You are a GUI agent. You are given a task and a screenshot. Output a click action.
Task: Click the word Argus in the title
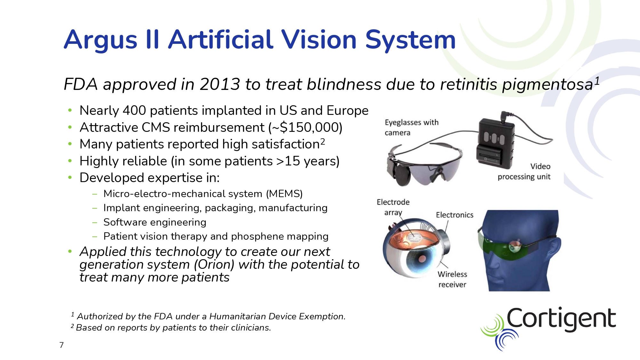pyautogui.click(x=101, y=40)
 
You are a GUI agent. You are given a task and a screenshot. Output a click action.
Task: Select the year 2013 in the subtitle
pyautogui.click(x=220, y=84)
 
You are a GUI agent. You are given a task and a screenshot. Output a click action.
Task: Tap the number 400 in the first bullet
pyautogui.click(x=134, y=110)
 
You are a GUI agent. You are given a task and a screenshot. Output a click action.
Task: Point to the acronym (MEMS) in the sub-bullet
pyautogui.click(x=284, y=194)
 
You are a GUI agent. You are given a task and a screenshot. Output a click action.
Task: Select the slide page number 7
pyautogui.click(x=61, y=345)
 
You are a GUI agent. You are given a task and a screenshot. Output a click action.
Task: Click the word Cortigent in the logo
pyautogui.click(x=561, y=319)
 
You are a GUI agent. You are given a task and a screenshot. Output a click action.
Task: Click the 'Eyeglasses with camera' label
pyautogui.click(x=412, y=127)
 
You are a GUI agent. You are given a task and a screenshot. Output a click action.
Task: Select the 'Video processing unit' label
pyautogui.click(x=524, y=172)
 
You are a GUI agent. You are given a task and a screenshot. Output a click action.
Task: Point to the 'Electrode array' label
pyautogui.click(x=393, y=207)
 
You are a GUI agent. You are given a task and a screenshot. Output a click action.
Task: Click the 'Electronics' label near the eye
pyautogui.click(x=454, y=215)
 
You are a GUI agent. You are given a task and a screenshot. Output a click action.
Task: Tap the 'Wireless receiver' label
pyautogui.click(x=452, y=279)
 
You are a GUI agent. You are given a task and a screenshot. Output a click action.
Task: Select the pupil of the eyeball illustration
pyautogui.click(x=422, y=259)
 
